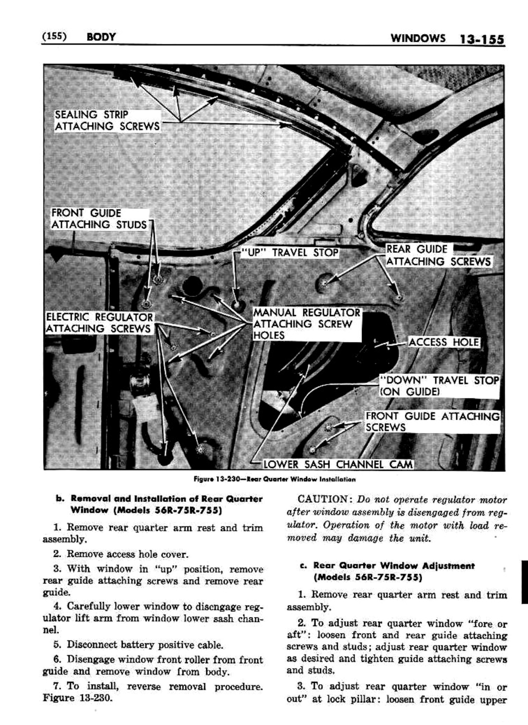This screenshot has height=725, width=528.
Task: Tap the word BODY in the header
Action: pyautogui.click(x=100, y=37)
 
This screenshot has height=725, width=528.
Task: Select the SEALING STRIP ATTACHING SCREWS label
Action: pyautogui.click(x=107, y=121)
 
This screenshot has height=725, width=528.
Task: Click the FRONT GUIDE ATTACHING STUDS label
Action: pyautogui.click(x=99, y=219)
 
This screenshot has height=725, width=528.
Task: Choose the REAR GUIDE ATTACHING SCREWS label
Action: pyautogui.click(x=438, y=256)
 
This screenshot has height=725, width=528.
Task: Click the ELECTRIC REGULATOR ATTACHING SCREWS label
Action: pyautogui.click(x=99, y=323)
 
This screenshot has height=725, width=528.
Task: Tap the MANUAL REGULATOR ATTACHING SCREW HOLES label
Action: pyautogui.click(x=307, y=324)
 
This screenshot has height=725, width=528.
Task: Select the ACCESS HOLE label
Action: pyautogui.click(x=444, y=342)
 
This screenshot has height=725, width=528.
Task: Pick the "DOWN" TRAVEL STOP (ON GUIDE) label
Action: pyautogui.click(x=439, y=386)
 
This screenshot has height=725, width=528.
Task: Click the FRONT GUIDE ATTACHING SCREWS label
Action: pyautogui.click(x=432, y=421)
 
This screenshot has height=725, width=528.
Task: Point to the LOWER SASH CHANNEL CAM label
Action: pyautogui.click(x=338, y=464)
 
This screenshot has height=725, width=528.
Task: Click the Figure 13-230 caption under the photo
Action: pyautogui.click(x=274, y=479)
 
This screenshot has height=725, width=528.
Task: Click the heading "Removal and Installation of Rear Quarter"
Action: pyautogui.click(x=166, y=499)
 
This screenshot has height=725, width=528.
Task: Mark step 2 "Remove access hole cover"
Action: pyautogui.click(x=127, y=554)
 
